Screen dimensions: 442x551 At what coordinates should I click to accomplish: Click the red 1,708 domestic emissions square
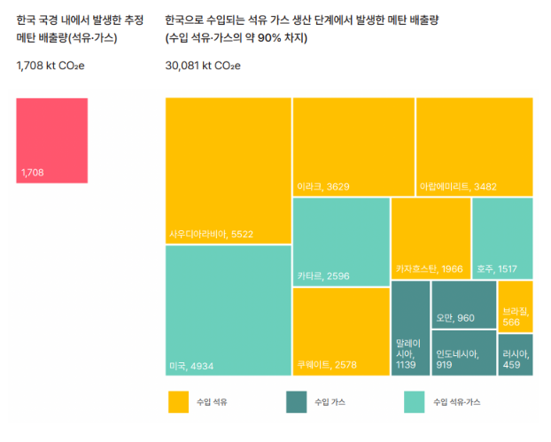coord(52,140)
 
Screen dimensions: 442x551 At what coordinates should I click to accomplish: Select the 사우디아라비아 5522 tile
coord(229,170)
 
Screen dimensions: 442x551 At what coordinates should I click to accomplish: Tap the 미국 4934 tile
coord(229,310)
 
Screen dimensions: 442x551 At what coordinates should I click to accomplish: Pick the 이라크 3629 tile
coord(353,146)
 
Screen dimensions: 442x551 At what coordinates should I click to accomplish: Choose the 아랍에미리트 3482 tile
coord(474,146)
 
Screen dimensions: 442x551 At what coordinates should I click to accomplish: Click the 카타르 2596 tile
coord(341,240)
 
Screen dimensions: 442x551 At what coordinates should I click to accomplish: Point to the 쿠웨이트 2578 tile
coord(341,330)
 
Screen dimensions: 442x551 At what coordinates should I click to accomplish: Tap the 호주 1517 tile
coord(502,237)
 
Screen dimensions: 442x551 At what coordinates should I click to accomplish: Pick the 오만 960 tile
coord(463,304)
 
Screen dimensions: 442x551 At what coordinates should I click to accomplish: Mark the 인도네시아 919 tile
coord(463,353)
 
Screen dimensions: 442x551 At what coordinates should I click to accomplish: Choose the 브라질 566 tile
coord(515,306)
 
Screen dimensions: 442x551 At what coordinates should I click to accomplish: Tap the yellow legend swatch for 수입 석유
coord(179,402)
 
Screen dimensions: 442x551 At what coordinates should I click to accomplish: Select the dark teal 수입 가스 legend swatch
coord(297,402)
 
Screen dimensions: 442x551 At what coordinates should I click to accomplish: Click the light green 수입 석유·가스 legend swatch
coord(414,402)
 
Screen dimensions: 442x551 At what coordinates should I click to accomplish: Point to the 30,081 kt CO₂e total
coord(203,65)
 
